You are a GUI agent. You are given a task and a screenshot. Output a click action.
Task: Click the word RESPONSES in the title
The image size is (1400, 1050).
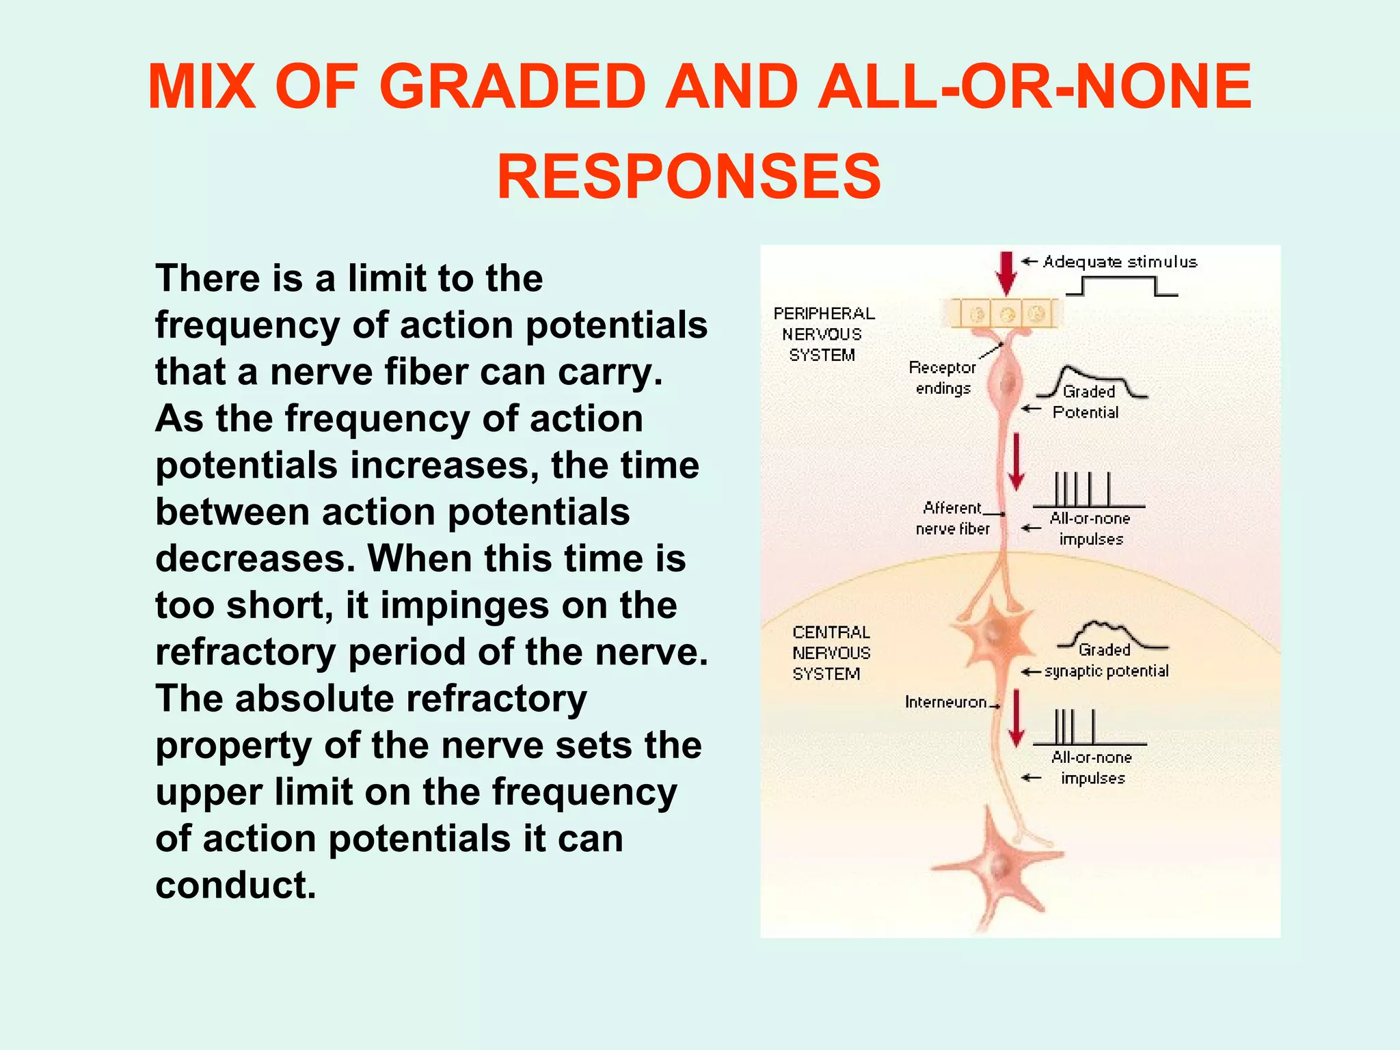tap(689, 176)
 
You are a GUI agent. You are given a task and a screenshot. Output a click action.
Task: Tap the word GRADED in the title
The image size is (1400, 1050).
tap(512, 87)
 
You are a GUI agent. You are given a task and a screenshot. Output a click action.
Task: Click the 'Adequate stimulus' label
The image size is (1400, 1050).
tap(1120, 262)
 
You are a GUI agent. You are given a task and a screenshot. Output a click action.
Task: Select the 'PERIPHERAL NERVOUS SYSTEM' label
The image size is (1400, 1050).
tap(824, 334)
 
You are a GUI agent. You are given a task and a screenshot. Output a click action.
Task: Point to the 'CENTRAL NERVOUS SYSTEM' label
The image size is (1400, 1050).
tap(831, 653)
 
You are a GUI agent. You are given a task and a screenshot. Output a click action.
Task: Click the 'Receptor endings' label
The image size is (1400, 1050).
tap(943, 378)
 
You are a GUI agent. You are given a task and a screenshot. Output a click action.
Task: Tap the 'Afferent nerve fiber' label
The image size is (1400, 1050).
tap(952, 518)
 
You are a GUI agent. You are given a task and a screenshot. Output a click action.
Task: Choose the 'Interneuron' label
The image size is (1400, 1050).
tap(945, 702)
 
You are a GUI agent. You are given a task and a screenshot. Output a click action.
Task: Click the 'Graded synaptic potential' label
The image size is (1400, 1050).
tap(1106, 661)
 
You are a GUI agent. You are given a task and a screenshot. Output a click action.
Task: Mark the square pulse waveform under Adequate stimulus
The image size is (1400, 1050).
tap(1121, 286)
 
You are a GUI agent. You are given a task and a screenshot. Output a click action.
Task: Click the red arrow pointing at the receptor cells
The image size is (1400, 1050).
tap(1006, 273)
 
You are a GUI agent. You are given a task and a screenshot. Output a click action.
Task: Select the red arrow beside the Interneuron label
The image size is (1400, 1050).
tap(1017, 718)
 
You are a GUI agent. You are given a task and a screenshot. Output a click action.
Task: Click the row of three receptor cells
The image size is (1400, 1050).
tap(1006, 314)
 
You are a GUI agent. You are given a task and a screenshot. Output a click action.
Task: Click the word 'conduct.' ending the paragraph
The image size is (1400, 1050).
tap(236, 885)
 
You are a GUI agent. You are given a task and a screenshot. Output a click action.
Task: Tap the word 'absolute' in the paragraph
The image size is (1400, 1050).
tap(314, 699)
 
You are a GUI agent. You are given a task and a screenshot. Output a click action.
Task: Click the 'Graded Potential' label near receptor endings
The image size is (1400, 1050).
tap(1087, 402)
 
